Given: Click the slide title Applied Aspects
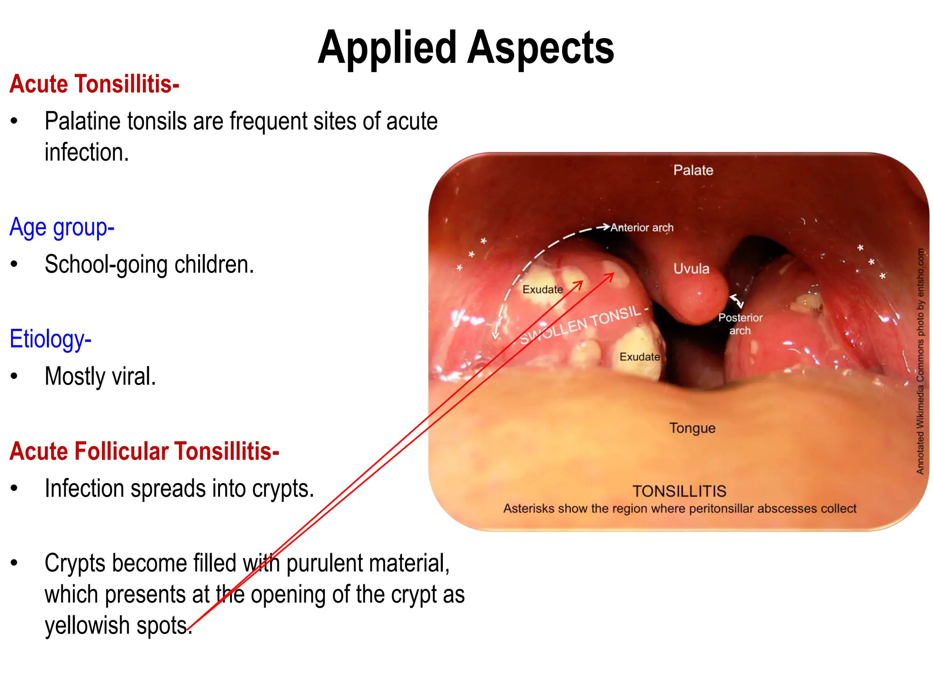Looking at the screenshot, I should point(466,47).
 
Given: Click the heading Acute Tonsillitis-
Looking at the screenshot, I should point(94,84).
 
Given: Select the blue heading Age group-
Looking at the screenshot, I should point(62,227).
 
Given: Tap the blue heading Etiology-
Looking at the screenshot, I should point(51,339).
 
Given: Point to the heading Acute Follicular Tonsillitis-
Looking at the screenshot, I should point(144,451).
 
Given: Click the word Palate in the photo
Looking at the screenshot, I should point(693,170).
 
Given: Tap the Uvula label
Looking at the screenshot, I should point(691,269).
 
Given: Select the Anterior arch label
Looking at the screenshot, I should point(641,227).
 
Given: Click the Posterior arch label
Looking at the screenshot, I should point(740,324).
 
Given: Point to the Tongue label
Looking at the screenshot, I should point(692,428).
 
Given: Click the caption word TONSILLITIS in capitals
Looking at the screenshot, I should point(679,491).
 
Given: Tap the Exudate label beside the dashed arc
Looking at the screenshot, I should point(542,290).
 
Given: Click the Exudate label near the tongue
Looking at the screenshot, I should point(639,357).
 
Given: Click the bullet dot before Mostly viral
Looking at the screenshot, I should point(15,376).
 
